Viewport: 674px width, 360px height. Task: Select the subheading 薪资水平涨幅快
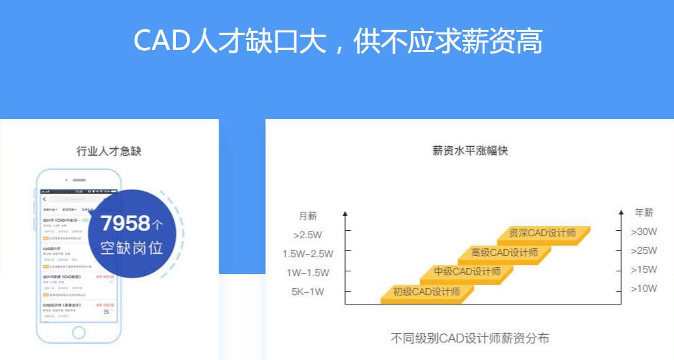click(470, 151)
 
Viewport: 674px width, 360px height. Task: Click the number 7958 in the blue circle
click(125, 223)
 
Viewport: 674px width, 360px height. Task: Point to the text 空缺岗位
click(132, 247)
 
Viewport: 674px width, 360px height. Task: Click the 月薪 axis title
click(308, 216)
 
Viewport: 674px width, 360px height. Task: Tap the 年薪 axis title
click(644, 212)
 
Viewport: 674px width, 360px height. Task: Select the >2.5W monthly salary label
click(309, 235)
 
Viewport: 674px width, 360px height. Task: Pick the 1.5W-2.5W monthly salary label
click(307, 254)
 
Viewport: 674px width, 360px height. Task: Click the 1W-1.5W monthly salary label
click(307, 273)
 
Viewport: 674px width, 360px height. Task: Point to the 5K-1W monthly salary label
click(309, 292)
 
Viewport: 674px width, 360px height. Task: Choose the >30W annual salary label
click(644, 231)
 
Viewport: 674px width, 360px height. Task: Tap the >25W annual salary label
click(644, 250)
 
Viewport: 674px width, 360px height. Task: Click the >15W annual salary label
click(644, 269)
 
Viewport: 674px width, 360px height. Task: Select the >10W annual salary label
click(644, 288)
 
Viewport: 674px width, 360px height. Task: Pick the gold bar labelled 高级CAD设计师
click(505, 253)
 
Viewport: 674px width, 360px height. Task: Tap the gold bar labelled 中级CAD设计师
click(467, 272)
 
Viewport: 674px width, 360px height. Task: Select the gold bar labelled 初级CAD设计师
click(427, 292)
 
